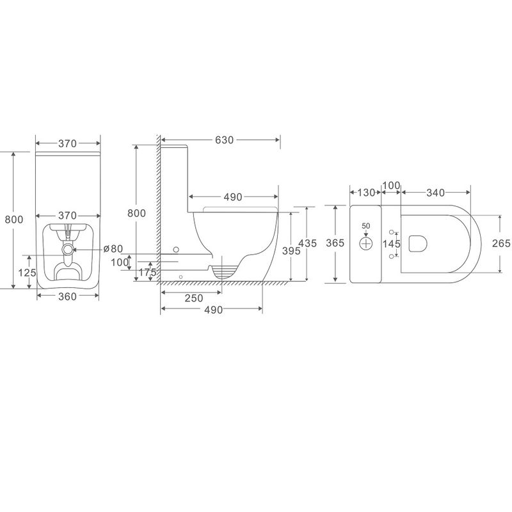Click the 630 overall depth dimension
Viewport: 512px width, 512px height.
225,140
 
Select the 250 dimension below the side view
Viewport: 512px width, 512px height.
194,298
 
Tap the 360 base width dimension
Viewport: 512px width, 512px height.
68,296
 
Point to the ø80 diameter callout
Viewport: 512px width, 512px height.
113,249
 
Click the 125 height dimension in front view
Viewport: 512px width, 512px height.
27,273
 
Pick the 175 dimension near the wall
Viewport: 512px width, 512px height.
148,273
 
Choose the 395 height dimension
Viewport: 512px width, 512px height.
291,251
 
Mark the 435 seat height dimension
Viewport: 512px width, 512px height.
308,243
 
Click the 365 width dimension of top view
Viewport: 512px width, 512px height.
335,243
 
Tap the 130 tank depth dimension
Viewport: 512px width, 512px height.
365,193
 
